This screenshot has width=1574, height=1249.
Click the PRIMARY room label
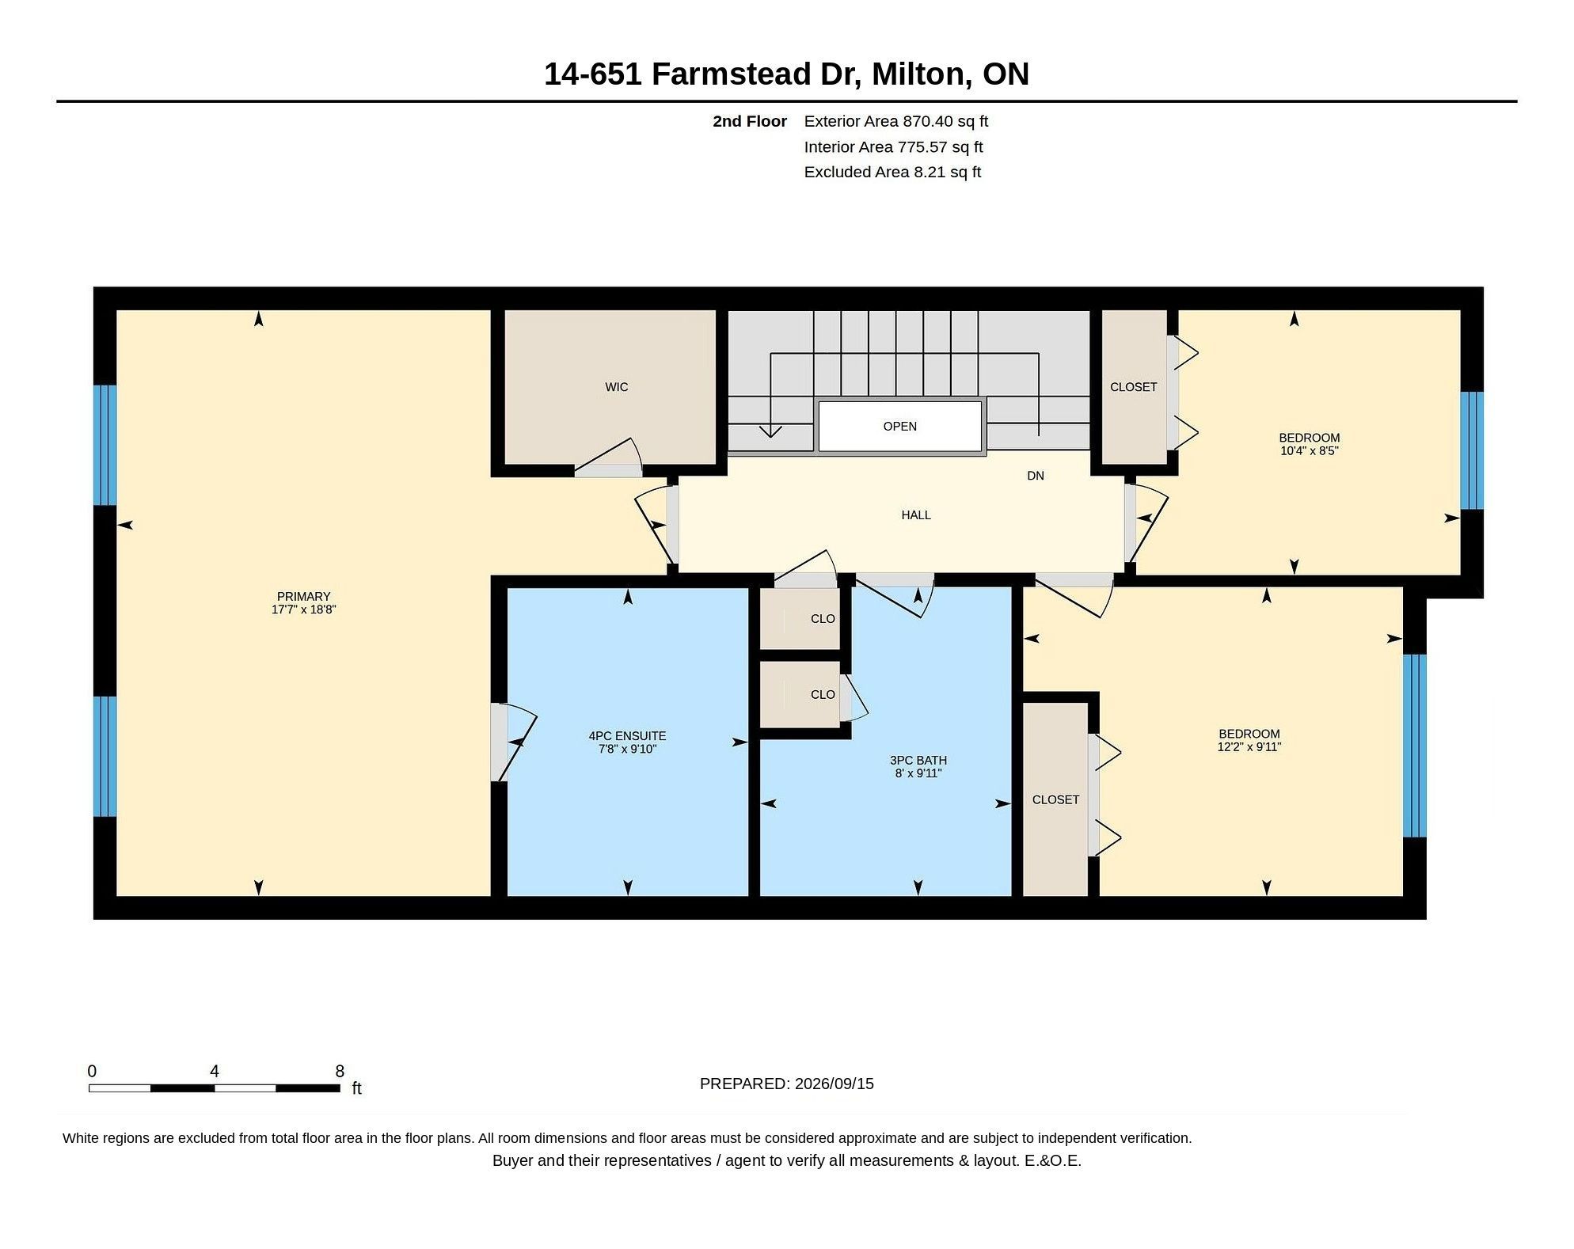click(x=303, y=597)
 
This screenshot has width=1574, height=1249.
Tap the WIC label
click(x=617, y=387)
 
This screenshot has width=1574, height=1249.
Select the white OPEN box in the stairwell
click(x=900, y=426)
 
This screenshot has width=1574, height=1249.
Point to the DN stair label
click(x=1036, y=476)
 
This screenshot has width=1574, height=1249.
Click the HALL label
click(x=916, y=515)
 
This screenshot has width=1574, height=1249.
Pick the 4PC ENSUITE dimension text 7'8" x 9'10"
click(x=628, y=749)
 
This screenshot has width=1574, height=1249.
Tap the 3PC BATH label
click(x=918, y=761)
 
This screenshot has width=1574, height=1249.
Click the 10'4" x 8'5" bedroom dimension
click(x=1310, y=451)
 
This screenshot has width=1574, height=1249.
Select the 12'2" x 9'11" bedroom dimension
click(x=1249, y=746)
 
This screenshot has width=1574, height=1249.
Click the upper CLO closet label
click(x=823, y=619)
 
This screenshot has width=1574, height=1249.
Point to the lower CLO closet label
click(x=823, y=695)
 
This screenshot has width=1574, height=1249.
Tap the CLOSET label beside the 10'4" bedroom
click(x=1134, y=387)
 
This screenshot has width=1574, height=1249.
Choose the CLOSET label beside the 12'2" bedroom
click(x=1055, y=800)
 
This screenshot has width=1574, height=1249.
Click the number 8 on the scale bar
click(x=340, y=1071)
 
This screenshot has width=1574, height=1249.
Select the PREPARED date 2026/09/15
click(x=835, y=1084)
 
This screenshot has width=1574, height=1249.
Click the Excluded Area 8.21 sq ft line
click(x=892, y=172)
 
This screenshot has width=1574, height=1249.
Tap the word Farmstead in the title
click(x=732, y=74)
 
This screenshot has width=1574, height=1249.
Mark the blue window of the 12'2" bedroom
click(x=1415, y=746)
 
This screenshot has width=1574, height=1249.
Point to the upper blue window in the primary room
click(x=105, y=445)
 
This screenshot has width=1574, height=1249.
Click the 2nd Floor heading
click(x=750, y=121)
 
